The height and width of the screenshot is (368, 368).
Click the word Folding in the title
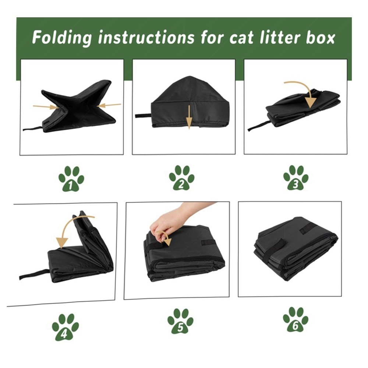coord(62,38)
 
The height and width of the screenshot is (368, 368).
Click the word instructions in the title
coord(146,38)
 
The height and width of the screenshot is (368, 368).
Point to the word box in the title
coord(320,38)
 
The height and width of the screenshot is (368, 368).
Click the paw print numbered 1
coord(71,178)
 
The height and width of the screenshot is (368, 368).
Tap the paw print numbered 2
coord(181,178)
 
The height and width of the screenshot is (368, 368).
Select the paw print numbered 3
coord(296,177)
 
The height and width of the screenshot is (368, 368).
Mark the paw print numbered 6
coord(296,319)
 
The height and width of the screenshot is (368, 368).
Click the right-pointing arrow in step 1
coord(45,107)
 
